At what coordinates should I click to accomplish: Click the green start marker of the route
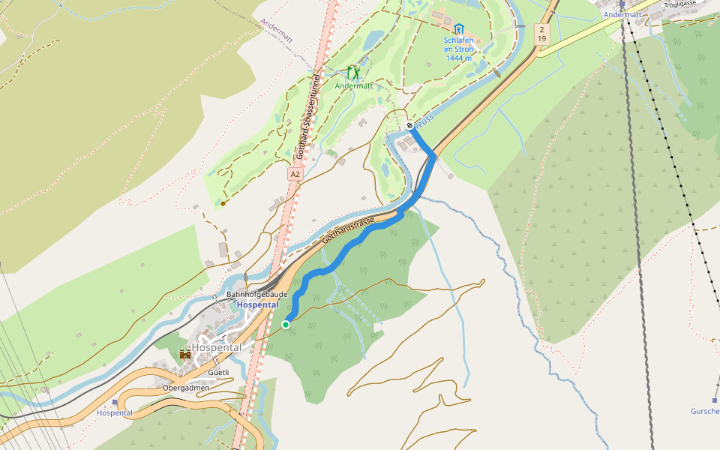[x=286, y=324]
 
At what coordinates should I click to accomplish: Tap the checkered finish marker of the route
[x=409, y=125]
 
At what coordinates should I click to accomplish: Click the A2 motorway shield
[x=295, y=174]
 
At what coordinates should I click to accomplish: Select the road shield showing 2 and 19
[x=540, y=33]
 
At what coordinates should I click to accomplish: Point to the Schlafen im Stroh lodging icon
[x=458, y=28]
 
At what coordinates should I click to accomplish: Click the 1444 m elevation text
[x=458, y=58]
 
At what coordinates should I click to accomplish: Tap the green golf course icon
[x=352, y=73]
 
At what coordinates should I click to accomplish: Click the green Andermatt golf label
[x=353, y=85]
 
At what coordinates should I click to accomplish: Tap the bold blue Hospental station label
[x=257, y=305]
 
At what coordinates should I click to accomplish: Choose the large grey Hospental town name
[x=216, y=348]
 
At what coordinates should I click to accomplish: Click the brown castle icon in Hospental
[x=184, y=353]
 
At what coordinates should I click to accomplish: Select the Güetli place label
[x=217, y=372]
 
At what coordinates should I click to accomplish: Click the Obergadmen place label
[x=186, y=388]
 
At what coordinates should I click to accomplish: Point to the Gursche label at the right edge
[x=705, y=411]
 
